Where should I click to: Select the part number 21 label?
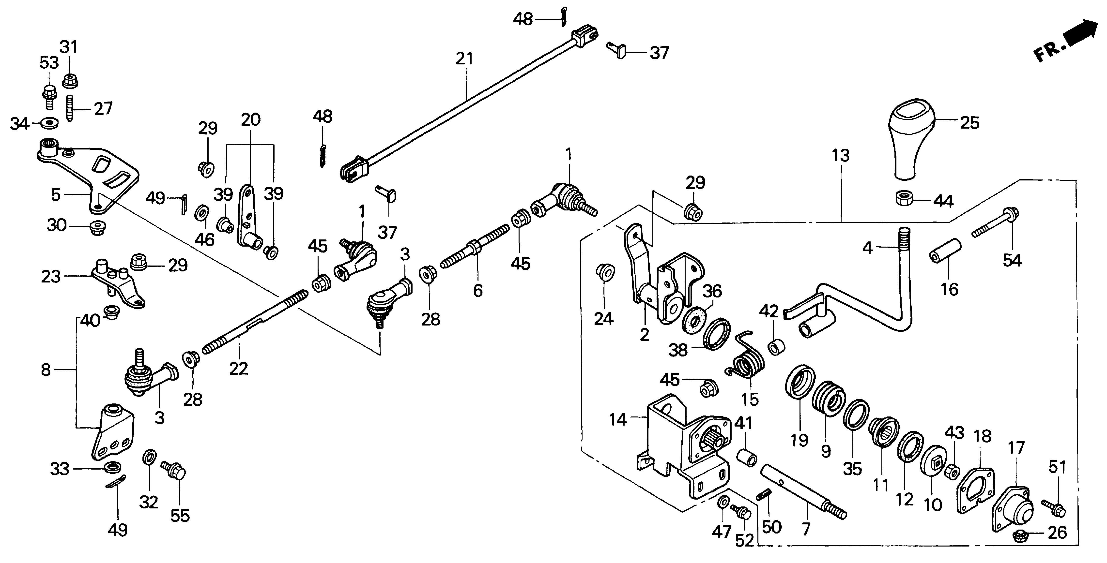[x=464, y=59]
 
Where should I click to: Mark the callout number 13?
[x=840, y=155]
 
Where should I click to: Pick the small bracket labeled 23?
[x=116, y=283]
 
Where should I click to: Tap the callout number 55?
[x=180, y=515]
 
